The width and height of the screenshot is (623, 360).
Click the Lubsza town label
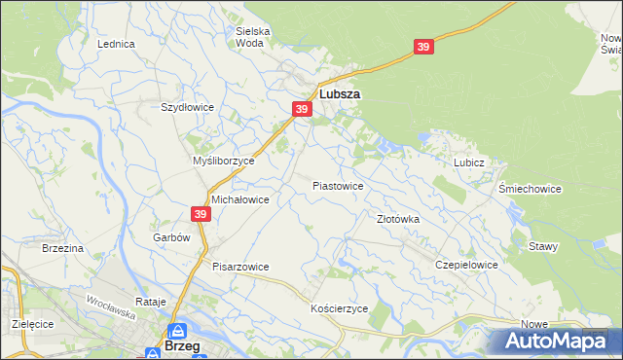pyautogui.click(x=340, y=95)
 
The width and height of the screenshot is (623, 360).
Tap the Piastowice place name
pyautogui.click(x=338, y=185)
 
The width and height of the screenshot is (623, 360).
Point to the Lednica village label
pyautogui.click(x=116, y=44)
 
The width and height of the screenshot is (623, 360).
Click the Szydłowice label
pyautogui.click(x=187, y=107)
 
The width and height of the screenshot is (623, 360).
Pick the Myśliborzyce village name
pyautogui.click(x=223, y=161)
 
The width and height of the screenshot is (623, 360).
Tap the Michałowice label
pyautogui.click(x=239, y=198)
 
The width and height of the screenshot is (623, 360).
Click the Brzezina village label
pyautogui.click(x=62, y=249)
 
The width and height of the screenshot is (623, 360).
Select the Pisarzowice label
pyautogui.click(x=240, y=267)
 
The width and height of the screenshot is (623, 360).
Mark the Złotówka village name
pyautogui.click(x=398, y=220)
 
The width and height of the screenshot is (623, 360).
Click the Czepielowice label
pyautogui.click(x=467, y=265)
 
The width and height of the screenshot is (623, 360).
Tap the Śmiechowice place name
pyautogui.click(x=530, y=189)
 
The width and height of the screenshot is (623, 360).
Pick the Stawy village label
pyautogui.click(x=543, y=246)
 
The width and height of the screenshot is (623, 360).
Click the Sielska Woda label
pyautogui.click(x=253, y=37)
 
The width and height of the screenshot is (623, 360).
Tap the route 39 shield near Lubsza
pyautogui.click(x=302, y=110)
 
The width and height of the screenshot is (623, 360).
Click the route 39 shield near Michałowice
pyautogui.click(x=201, y=214)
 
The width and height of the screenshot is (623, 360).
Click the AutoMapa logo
pyautogui.click(x=558, y=341)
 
